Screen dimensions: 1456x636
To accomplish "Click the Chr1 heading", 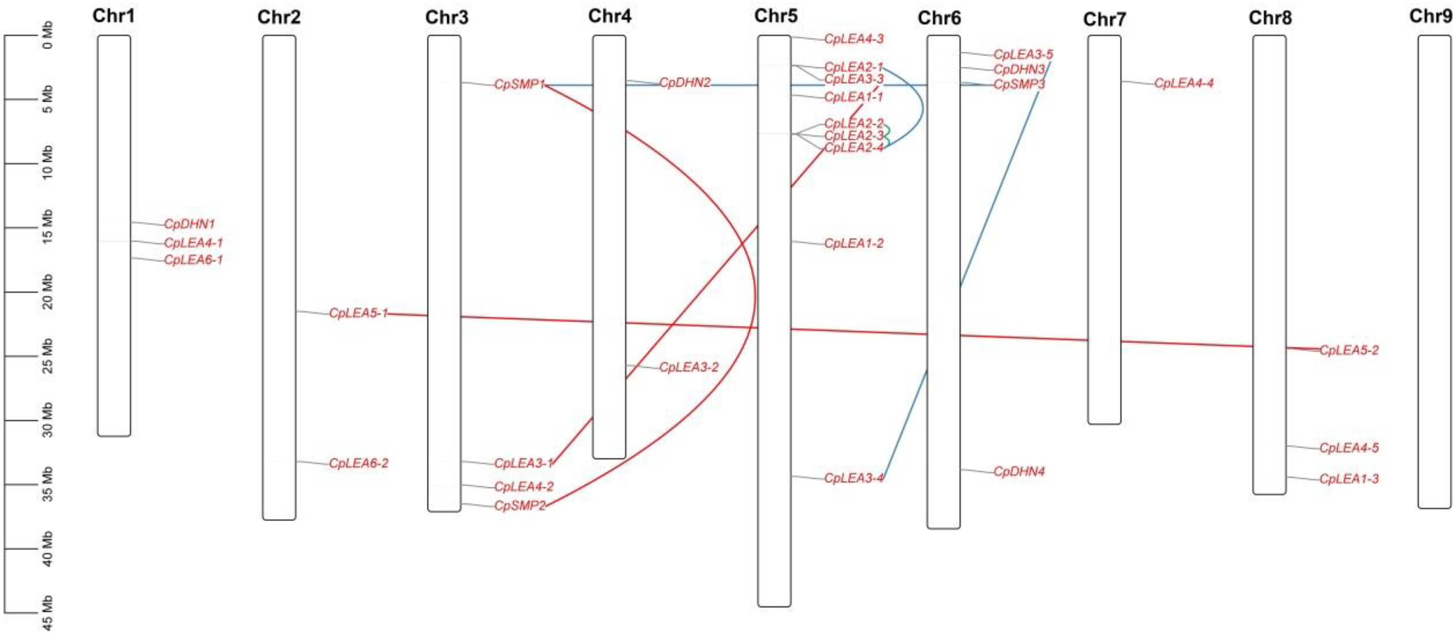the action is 114,16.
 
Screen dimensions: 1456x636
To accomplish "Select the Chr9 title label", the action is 1431,16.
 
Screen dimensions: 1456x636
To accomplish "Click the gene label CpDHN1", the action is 190,224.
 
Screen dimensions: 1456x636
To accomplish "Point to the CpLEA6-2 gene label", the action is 358,463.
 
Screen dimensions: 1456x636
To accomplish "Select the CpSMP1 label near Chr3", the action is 519,84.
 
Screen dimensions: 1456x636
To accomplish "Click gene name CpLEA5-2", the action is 1349,350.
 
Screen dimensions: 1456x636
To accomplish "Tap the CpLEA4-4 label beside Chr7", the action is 1184,83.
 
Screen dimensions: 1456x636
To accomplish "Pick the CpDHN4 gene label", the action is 1019,471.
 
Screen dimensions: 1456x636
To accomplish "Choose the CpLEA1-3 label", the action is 1349,479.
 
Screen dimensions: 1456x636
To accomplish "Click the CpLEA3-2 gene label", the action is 689,367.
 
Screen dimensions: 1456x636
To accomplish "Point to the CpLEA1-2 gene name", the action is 854,243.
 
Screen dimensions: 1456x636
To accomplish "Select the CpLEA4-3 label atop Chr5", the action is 854,38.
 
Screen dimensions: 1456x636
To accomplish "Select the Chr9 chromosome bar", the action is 1434,271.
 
